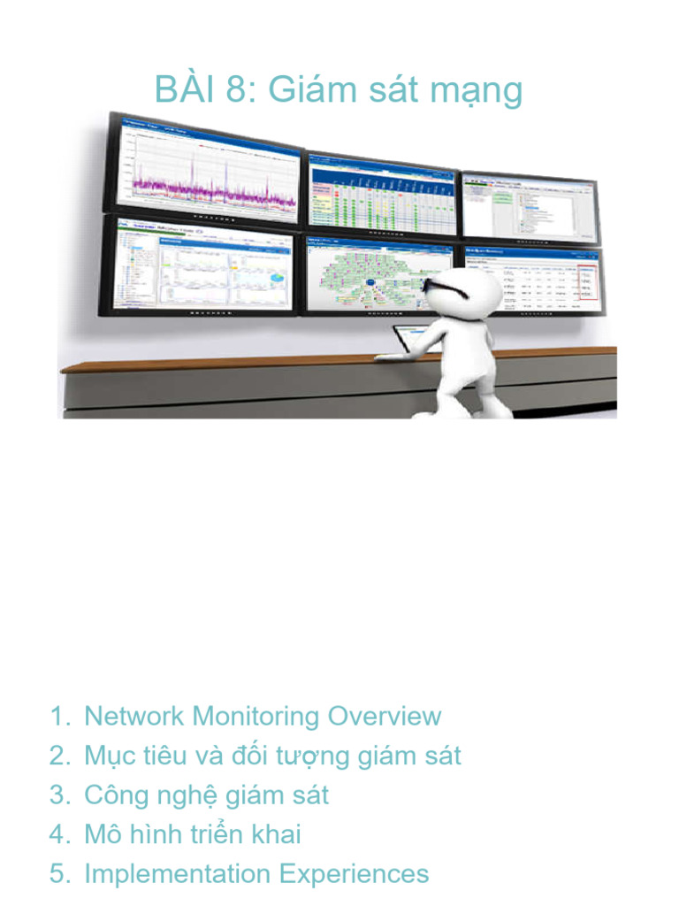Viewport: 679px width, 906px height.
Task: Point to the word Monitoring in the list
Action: [x=256, y=716]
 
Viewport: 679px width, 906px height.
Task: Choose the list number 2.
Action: [x=58, y=756]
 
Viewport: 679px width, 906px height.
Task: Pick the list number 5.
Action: [x=58, y=874]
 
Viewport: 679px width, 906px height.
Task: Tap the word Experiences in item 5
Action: [x=354, y=875]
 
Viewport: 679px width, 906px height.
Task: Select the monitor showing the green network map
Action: [x=380, y=273]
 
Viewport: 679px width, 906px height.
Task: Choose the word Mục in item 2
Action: [x=107, y=756]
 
